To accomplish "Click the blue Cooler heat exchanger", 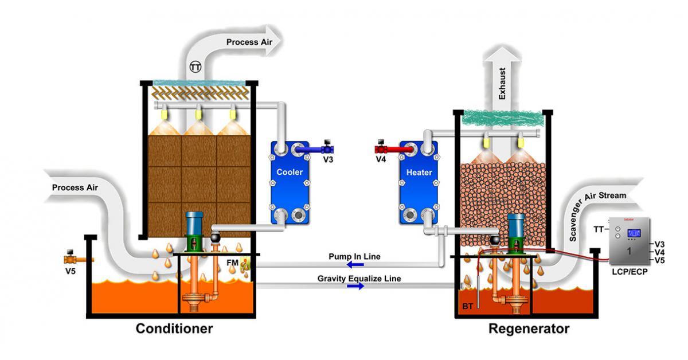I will coord(290,182).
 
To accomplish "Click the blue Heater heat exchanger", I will coord(419,182).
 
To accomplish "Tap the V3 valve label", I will coord(328,159).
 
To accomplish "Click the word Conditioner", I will coord(174,329).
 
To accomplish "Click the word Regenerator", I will coord(529,329).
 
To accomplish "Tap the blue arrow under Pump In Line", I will coord(355,265).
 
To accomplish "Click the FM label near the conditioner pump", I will coord(232,261).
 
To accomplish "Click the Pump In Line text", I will coord(354,256).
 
